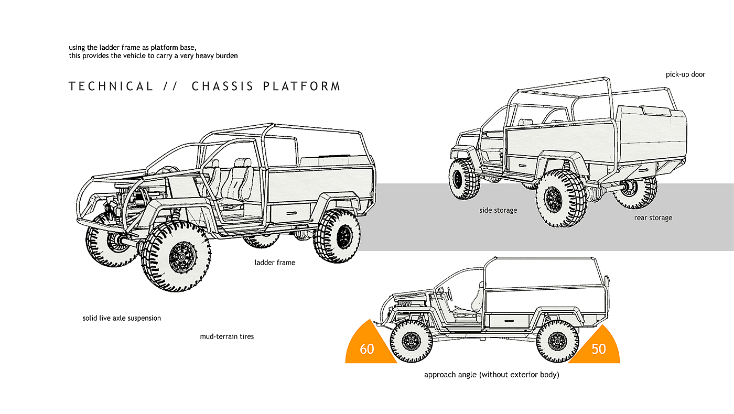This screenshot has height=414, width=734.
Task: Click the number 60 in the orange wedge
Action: click(x=367, y=348)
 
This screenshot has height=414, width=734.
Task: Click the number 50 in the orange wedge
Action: click(x=598, y=348)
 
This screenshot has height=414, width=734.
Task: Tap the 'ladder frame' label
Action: click(x=275, y=262)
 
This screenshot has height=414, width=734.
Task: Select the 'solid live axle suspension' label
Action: click(x=122, y=318)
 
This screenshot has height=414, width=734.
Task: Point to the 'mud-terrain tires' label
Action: click(x=226, y=336)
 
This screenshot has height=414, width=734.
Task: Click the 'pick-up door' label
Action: click(x=685, y=74)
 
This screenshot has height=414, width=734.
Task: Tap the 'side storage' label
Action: click(x=498, y=210)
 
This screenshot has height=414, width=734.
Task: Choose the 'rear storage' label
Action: click(x=653, y=217)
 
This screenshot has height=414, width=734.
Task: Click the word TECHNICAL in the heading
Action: click(x=111, y=86)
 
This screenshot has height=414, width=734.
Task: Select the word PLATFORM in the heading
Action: click(x=302, y=86)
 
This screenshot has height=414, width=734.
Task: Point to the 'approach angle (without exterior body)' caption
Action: click(x=491, y=375)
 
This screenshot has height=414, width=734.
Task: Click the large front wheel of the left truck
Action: click(x=176, y=256)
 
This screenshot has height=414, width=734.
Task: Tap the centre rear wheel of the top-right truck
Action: click(x=561, y=198)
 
